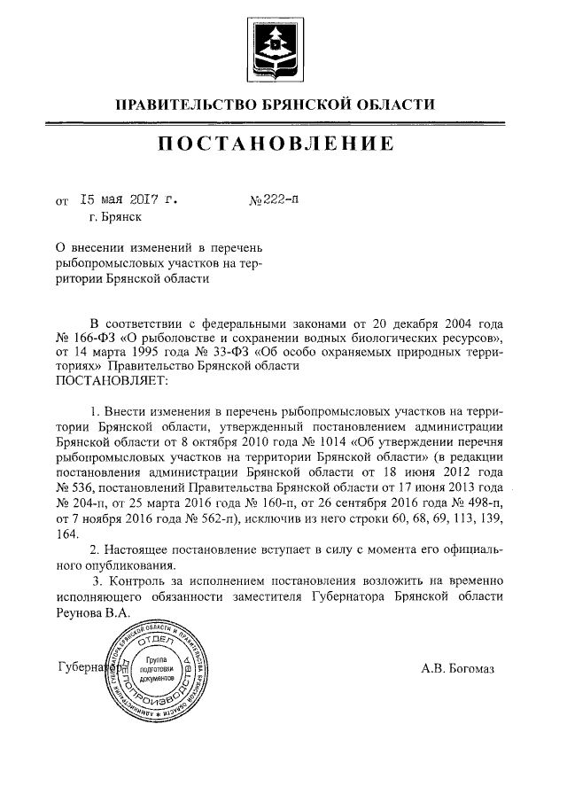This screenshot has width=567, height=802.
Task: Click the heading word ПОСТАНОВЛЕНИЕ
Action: tap(275, 144)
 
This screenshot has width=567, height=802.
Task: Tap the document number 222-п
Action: tap(280, 200)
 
